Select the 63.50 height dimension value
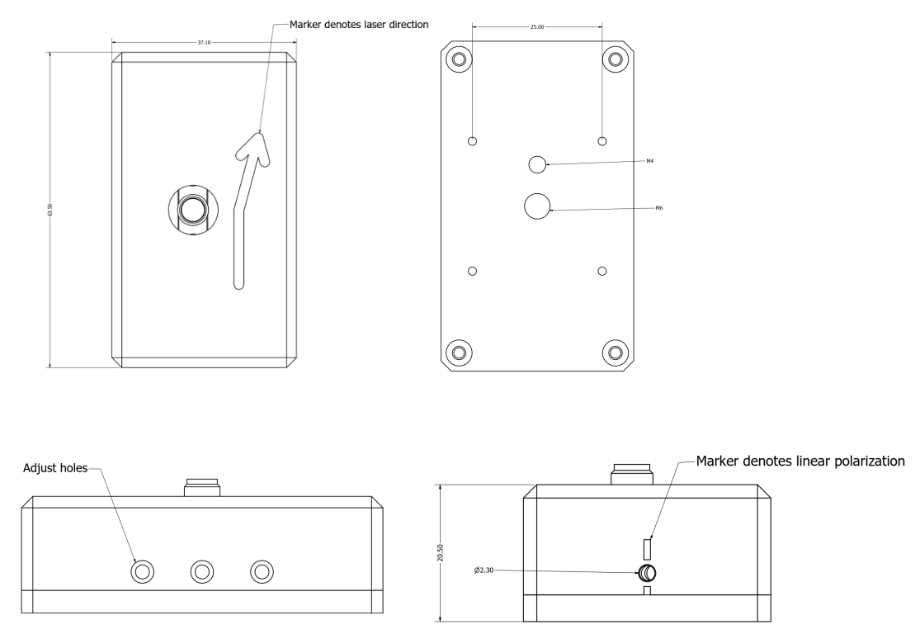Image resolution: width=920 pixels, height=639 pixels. point(51,211)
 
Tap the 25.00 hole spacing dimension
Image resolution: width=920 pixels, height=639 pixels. point(536,26)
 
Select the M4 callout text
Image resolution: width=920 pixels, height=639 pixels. point(649,162)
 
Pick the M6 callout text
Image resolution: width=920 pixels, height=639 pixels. point(659,209)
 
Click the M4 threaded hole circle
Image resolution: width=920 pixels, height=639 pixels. point(537,164)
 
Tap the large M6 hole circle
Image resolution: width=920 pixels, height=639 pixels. point(537,206)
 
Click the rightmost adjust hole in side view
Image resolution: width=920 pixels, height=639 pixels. point(262,570)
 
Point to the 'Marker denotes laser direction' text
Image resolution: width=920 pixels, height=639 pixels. point(359,25)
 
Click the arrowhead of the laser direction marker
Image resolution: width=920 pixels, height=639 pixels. point(254,149)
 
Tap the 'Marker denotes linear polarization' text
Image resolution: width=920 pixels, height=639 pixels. point(806,460)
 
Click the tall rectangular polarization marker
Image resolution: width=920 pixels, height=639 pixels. point(648,548)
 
